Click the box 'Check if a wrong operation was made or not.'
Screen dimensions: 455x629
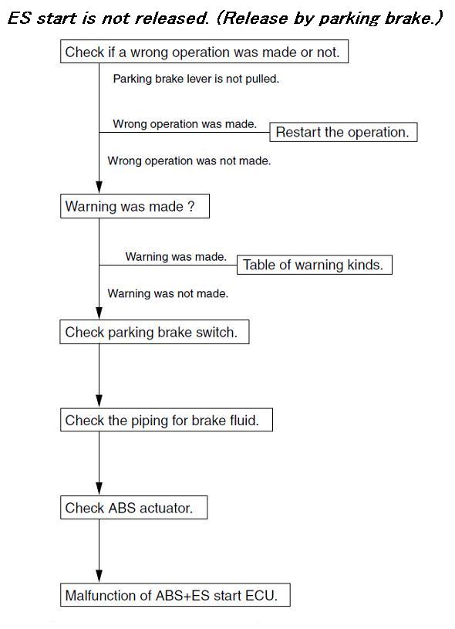(204, 52)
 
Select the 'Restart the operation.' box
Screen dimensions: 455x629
(343, 132)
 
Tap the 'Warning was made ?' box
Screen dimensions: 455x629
(135, 206)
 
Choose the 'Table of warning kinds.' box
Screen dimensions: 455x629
(315, 265)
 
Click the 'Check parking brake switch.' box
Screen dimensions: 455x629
(154, 332)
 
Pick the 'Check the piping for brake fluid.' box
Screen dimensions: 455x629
(167, 420)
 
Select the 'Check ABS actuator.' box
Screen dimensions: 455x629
(134, 508)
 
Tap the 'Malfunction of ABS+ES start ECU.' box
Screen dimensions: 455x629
(175, 595)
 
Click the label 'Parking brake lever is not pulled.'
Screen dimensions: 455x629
(196, 79)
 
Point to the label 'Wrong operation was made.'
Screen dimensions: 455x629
(185, 124)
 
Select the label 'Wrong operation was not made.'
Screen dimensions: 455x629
(189, 161)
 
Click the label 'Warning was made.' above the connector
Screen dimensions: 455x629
(176, 257)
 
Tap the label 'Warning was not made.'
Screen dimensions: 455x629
(168, 293)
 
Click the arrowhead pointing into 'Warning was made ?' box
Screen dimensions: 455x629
(99, 188)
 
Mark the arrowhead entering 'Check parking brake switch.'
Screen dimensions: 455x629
(99, 313)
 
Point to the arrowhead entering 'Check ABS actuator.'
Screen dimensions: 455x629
(99, 489)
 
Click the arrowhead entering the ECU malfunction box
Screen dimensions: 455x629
(99, 577)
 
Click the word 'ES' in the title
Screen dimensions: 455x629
(19, 19)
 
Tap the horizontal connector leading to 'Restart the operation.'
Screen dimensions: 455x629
(184, 132)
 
